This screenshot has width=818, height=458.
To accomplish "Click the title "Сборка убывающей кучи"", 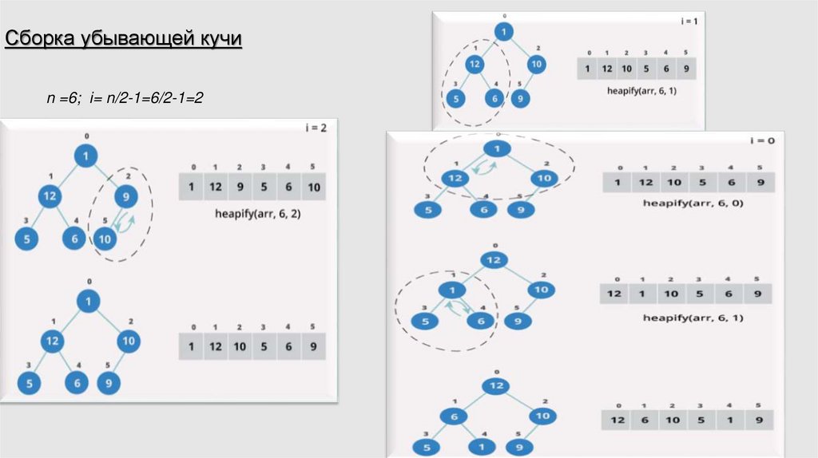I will click(x=123, y=40).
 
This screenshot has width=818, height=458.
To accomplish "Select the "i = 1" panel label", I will click(x=689, y=22).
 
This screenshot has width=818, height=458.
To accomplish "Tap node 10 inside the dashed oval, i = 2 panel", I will click(x=105, y=238).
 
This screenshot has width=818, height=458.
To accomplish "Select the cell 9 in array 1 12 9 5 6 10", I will click(x=239, y=188).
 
